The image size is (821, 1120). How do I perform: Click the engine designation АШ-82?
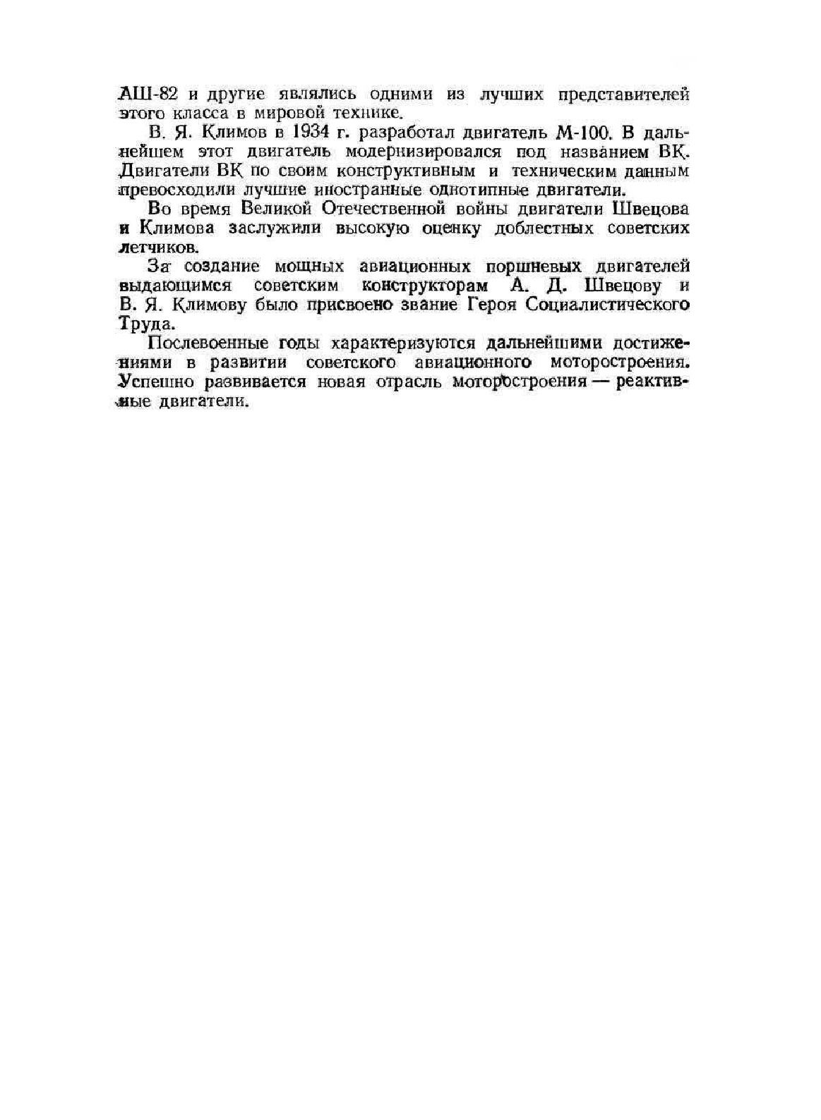(144, 95)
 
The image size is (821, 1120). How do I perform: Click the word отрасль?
(406, 382)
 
